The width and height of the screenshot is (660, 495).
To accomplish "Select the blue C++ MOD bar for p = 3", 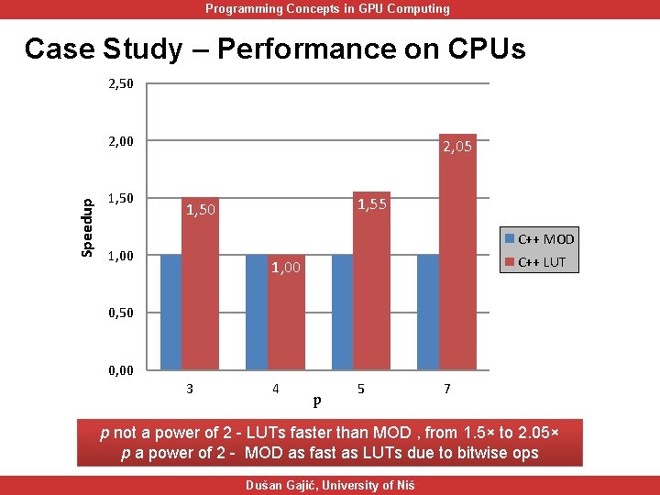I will pos(170,312).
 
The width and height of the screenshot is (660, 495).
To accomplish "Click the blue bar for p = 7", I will pos(427,312).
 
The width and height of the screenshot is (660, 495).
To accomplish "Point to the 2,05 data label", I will pos(457,146).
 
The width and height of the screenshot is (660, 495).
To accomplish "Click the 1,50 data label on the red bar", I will pos(201,211).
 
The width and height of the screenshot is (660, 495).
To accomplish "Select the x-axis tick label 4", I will pos(275,389).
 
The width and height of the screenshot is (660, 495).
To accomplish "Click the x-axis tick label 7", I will pos(446,389).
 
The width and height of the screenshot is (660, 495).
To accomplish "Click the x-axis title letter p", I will pos(317,400).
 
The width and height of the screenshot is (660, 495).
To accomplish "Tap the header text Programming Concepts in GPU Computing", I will pos(327,9).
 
